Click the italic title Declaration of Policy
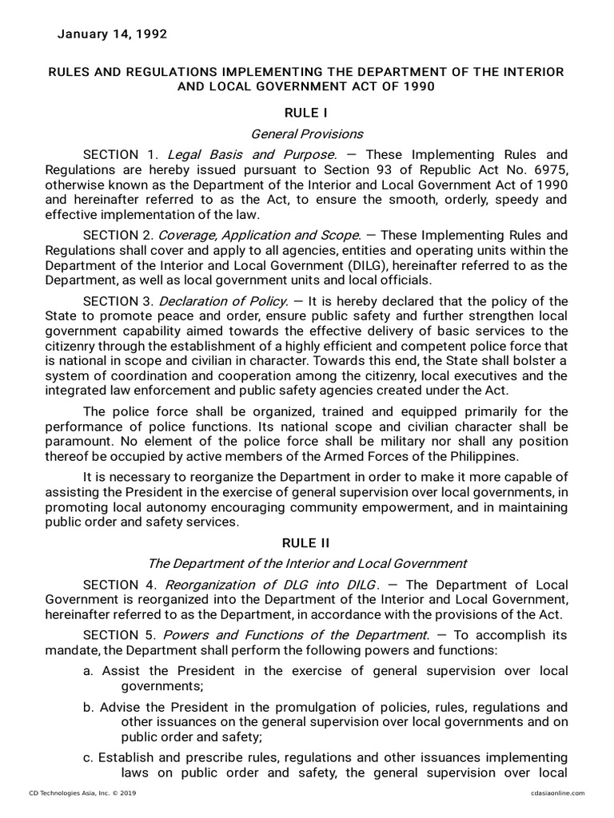222,300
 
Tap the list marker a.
88,671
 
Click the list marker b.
88,708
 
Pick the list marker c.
88,756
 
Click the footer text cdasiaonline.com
557,792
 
